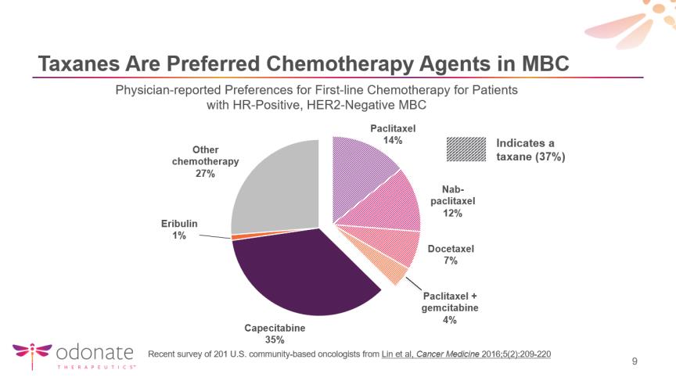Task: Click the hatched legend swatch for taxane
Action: [x=466, y=149]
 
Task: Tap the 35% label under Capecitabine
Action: [x=275, y=340]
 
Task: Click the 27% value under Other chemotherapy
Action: [x=205, y=173]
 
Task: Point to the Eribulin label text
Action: [x=179, y=224]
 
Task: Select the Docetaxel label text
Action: [x=451, y=249]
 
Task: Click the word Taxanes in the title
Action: [x=79, y=64]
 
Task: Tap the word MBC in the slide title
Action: [x=545, y=64]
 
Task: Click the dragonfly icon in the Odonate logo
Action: [x=32, y=354]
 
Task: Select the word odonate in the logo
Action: [x=95, y=353]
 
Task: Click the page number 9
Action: [x=635, y=361]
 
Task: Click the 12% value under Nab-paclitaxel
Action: [x=452, y=213]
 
